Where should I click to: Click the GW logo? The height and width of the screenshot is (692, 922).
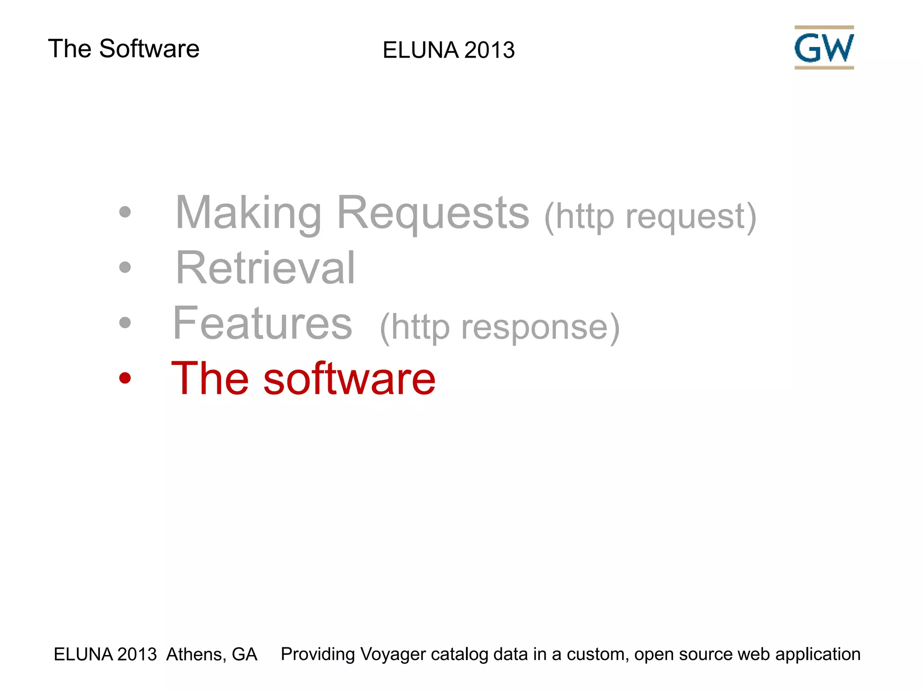point(824,47)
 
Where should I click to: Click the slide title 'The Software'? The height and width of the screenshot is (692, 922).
point(123,49)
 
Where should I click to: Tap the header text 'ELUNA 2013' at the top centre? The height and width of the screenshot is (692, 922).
point(448,50)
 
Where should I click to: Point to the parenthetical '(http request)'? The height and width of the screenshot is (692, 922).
point(650,217)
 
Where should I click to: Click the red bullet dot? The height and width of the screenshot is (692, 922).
point(125,378)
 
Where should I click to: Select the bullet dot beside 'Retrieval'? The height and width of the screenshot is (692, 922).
point(125,268)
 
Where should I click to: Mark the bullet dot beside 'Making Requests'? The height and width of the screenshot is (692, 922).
point(125,212)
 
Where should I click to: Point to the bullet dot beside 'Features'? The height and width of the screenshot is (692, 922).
point(125,323)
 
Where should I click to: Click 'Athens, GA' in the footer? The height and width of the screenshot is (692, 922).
point(212,654)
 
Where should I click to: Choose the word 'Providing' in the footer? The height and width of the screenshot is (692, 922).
point(318,654)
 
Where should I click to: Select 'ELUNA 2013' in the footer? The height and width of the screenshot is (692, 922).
point(105,654)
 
